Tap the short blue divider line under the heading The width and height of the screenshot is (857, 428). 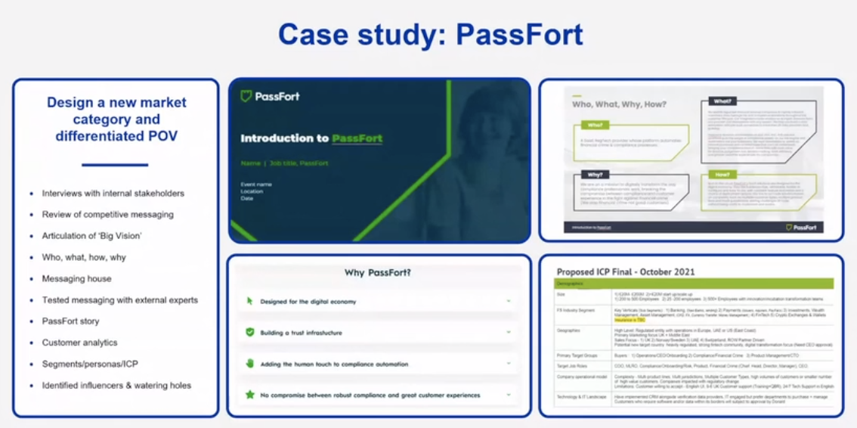coord(116,164)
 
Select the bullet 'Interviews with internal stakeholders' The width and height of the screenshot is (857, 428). coord(113,194)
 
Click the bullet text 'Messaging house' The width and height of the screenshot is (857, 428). coord(76,279)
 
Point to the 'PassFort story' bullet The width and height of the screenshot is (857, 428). coord(70,321)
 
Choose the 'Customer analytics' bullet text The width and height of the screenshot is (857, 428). coord(79,343)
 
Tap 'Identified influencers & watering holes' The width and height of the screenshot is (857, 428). coord(116,386)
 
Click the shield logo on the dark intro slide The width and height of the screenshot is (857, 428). coord(246,96)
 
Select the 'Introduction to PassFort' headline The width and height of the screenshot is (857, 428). coord(311,138)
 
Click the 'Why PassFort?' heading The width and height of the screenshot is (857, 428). coord(378,273)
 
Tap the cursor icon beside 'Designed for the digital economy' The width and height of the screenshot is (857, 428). coord(250,301)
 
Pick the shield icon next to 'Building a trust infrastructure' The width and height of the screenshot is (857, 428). coord(250,332)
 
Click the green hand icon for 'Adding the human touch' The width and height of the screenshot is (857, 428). coord(250,364)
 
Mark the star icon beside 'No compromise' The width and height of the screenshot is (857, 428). coord(250,395)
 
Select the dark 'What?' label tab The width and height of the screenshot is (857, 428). coord(722,101)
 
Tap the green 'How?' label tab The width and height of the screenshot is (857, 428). coord(722,174)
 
